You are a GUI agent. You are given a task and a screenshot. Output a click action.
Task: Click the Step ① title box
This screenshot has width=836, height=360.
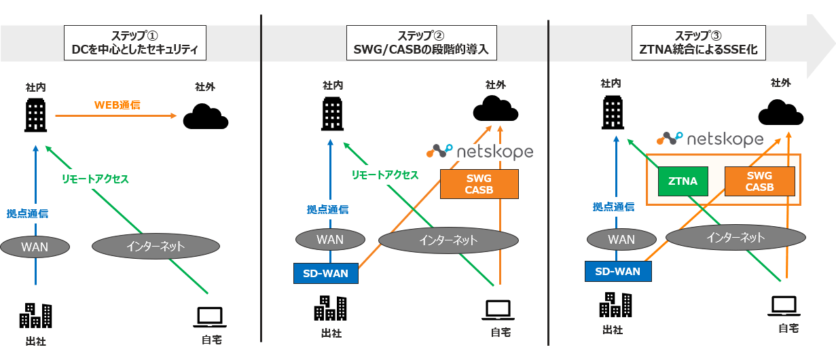[134, 43]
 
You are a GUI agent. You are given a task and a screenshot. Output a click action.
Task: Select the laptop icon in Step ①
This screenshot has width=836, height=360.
[208, 317]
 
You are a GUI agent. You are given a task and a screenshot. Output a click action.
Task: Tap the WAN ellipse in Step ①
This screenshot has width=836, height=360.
[35, 247]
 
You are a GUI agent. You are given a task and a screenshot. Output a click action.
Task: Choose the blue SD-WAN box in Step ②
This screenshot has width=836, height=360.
[325, 273]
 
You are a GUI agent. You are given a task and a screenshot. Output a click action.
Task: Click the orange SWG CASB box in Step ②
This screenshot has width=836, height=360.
[479, 184]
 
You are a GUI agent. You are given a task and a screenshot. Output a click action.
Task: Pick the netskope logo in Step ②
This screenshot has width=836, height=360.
[479, 151]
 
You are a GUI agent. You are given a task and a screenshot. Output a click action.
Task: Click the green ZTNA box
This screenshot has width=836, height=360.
[683, 181]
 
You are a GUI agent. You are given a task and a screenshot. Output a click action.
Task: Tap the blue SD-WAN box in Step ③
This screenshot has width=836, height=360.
[617, 271]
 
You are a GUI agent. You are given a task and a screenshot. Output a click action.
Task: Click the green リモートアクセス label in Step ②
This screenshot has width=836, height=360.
[384, 175]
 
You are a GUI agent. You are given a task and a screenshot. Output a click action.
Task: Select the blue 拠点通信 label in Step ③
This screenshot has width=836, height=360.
[613, 207]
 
